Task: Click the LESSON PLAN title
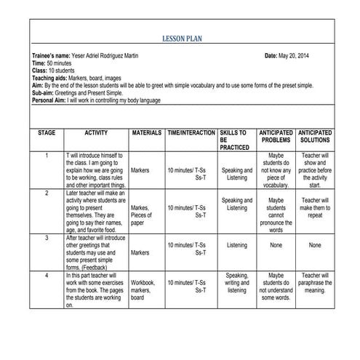[x=181, y=41]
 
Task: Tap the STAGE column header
[x=47, y=134]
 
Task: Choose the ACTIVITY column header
[x=96, y=134]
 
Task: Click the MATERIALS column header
[x=146, y=134]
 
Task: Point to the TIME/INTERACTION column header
[x=191, y=134]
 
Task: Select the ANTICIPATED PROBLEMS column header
[x=276, y=137]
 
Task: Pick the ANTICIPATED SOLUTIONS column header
[x=315, y=137]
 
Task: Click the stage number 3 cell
[x=47, y=238]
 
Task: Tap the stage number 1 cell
[x=47, y=156]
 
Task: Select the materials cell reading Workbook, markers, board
[x=143, y=289]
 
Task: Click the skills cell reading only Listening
[x=236, y=246]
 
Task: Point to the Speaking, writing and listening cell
[x=236, y=283]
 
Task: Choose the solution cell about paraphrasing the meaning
[x=315, y=283]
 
